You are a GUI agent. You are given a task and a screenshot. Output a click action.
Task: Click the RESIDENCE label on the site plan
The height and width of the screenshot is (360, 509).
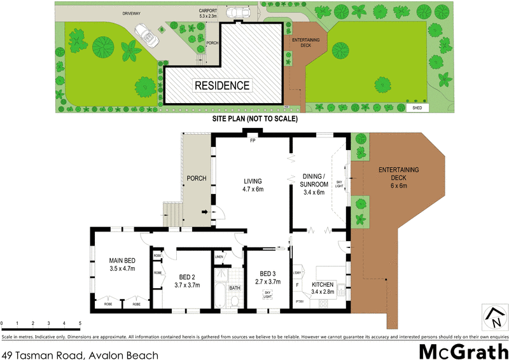click(222, 85)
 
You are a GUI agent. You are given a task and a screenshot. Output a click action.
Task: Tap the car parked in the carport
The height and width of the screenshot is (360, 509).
click(240, 13)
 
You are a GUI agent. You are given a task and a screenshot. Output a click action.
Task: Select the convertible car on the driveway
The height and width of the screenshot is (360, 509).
click(146, 36)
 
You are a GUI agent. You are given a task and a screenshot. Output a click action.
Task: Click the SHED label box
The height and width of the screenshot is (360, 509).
click(417, 108)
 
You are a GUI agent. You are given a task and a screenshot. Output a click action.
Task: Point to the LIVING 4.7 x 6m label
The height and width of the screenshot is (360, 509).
click(253, 185)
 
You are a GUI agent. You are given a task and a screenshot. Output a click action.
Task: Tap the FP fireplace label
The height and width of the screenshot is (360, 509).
click(253, 140)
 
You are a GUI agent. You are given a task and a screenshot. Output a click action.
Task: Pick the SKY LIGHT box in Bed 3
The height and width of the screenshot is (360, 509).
click(267, 294)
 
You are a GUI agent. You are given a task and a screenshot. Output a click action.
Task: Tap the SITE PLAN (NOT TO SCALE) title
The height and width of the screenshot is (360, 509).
click(254, 119)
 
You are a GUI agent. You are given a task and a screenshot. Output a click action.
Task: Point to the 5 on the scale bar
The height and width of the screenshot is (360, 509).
click(81, 324)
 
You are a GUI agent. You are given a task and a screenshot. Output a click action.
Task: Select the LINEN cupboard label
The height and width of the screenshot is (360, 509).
click(220, 256)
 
